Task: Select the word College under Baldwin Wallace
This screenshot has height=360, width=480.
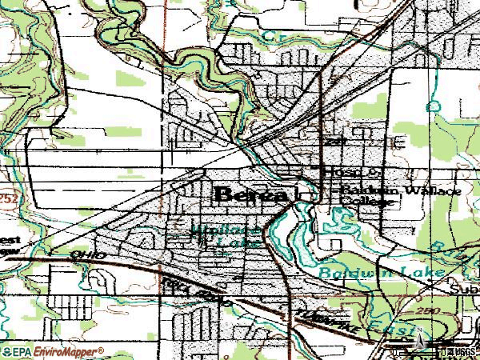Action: [368, 203]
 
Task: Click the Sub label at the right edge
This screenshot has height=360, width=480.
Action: [467, 287]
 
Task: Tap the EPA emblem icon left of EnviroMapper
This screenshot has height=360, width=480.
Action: [6, 352]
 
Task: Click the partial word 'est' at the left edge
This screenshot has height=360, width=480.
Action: [10, 239]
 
